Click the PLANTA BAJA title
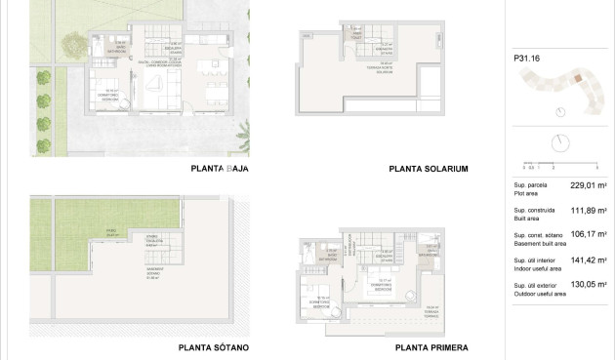pyautogui.click(x=221, y=169)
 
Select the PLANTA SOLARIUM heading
pyautogui.click(x=429, y=169)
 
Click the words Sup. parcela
pyautogui.click(x=530, y=183)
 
